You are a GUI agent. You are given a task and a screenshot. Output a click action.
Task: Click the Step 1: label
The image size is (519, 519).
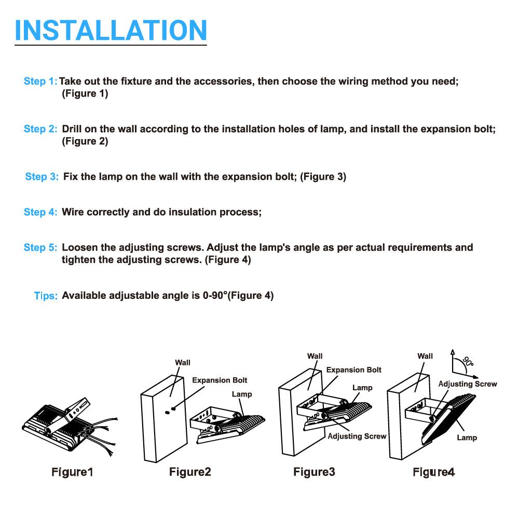[40, 81]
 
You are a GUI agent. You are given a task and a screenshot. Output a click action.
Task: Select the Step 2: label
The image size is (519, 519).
[40, 129]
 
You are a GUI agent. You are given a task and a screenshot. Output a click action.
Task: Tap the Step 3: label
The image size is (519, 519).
[42, 176]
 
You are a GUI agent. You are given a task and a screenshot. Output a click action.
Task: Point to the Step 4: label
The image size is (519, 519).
[40, 212]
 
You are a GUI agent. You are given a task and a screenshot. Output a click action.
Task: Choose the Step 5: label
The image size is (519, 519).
[40, 248]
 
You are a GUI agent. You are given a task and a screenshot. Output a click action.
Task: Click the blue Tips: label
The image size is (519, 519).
[46, 296]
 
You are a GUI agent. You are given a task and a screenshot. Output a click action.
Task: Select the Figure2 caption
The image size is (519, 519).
[190, 472]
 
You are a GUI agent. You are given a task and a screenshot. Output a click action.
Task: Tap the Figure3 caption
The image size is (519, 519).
[314, 472]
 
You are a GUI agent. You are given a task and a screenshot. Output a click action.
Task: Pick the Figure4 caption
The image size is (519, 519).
[433, 472]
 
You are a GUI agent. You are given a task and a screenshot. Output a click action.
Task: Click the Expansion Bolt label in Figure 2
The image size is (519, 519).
[220, 380]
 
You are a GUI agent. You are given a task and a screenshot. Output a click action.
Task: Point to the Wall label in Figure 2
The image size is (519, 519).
[183, 363]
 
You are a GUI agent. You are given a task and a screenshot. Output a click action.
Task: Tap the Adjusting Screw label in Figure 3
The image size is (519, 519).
[357, 436]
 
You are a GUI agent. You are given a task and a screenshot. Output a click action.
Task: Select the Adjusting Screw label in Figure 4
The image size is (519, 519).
[468, 384]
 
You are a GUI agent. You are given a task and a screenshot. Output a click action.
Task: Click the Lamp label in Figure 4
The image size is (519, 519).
[467, 438]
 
